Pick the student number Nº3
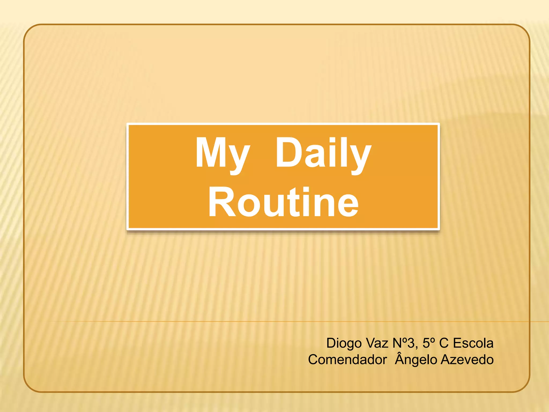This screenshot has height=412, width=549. (404, 343)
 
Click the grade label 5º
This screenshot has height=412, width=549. (428, 343)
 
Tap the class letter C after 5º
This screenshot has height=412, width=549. (444, 343)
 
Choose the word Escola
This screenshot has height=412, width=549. (473, 343)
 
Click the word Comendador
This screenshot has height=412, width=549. (347, 360)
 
